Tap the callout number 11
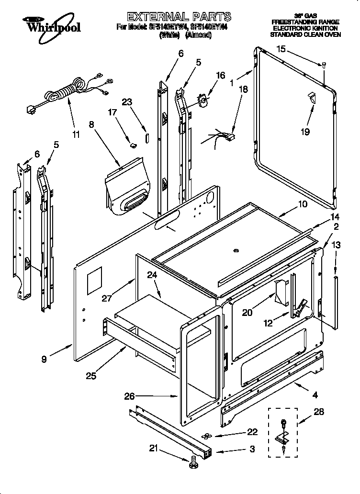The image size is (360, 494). coord(76,135)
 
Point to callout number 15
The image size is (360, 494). coord(281,49)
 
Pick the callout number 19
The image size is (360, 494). coord(305,132)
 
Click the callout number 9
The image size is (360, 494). coord(44,359)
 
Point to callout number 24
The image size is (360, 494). coord(152,275)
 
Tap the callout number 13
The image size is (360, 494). coord(336,245)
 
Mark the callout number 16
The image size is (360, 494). coord(220,75)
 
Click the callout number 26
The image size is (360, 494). coord(129,396)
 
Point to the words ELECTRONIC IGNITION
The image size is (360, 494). coord(305,29)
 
